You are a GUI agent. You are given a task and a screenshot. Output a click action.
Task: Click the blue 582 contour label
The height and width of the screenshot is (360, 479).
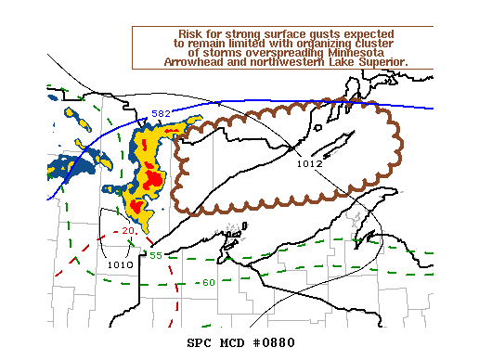162,113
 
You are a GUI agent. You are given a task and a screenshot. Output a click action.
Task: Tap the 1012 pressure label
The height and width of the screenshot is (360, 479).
309,164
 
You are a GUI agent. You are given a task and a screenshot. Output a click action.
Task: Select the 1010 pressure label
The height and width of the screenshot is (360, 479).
120,264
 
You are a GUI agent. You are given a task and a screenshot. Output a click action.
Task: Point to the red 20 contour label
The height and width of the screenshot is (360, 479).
128,230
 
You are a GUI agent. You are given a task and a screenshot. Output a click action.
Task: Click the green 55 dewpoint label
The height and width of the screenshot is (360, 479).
156,255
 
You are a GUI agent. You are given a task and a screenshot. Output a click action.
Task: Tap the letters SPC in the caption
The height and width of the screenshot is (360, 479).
200,342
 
